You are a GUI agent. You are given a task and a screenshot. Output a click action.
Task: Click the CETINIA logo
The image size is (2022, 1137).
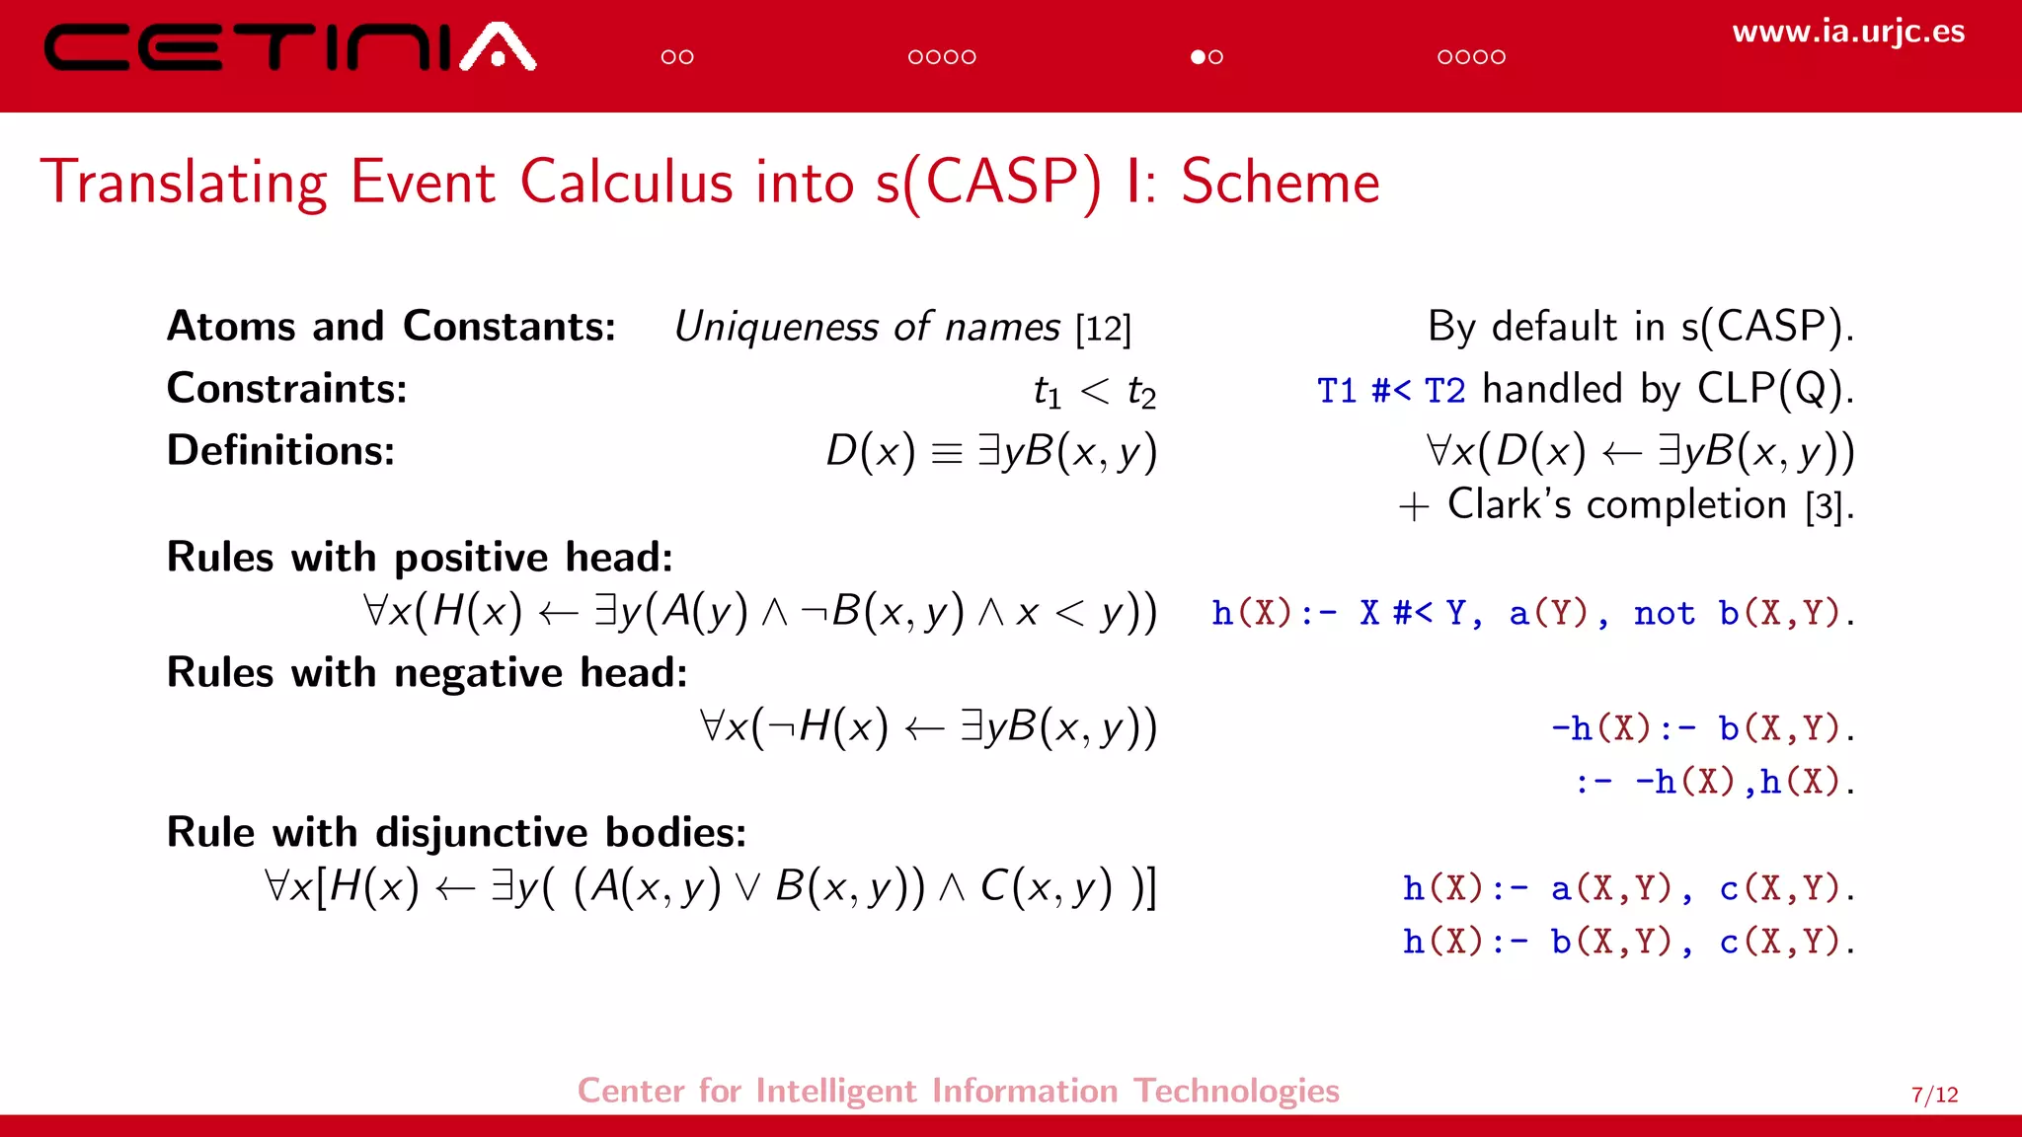289,47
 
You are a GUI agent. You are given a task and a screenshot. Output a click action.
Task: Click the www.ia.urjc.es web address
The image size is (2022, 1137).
1848,32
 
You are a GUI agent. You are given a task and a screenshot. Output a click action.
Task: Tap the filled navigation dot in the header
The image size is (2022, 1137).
1198,57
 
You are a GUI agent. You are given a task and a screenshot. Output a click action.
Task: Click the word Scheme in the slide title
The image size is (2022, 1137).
1280,183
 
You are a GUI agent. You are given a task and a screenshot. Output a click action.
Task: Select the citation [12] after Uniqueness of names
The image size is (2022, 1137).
1103,329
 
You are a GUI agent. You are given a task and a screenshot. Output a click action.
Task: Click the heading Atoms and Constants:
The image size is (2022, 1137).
391,327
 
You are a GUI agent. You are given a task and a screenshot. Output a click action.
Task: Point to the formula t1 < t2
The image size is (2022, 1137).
1094,392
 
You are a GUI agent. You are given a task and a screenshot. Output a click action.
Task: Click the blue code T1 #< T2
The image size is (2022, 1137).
1390,391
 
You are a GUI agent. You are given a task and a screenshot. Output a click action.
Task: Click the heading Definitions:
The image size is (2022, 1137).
280,451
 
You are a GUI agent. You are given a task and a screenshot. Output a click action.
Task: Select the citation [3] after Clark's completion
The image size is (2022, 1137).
1825,507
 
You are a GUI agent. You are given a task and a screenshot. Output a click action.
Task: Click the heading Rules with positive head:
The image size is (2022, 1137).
420,558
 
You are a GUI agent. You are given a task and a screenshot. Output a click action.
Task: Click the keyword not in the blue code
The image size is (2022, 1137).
1664,614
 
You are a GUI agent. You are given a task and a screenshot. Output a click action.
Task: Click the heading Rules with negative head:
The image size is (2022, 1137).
427,673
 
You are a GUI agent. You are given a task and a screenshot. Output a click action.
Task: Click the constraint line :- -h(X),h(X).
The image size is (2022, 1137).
1714,783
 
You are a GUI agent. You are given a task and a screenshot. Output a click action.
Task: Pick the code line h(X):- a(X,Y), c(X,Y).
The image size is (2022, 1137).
1628,889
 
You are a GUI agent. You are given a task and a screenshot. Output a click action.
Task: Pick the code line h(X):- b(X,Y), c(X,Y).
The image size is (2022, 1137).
1628,943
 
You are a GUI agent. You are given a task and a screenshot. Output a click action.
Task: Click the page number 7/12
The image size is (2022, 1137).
1934,1095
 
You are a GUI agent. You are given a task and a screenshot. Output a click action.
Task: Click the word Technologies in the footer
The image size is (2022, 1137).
1236,1091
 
